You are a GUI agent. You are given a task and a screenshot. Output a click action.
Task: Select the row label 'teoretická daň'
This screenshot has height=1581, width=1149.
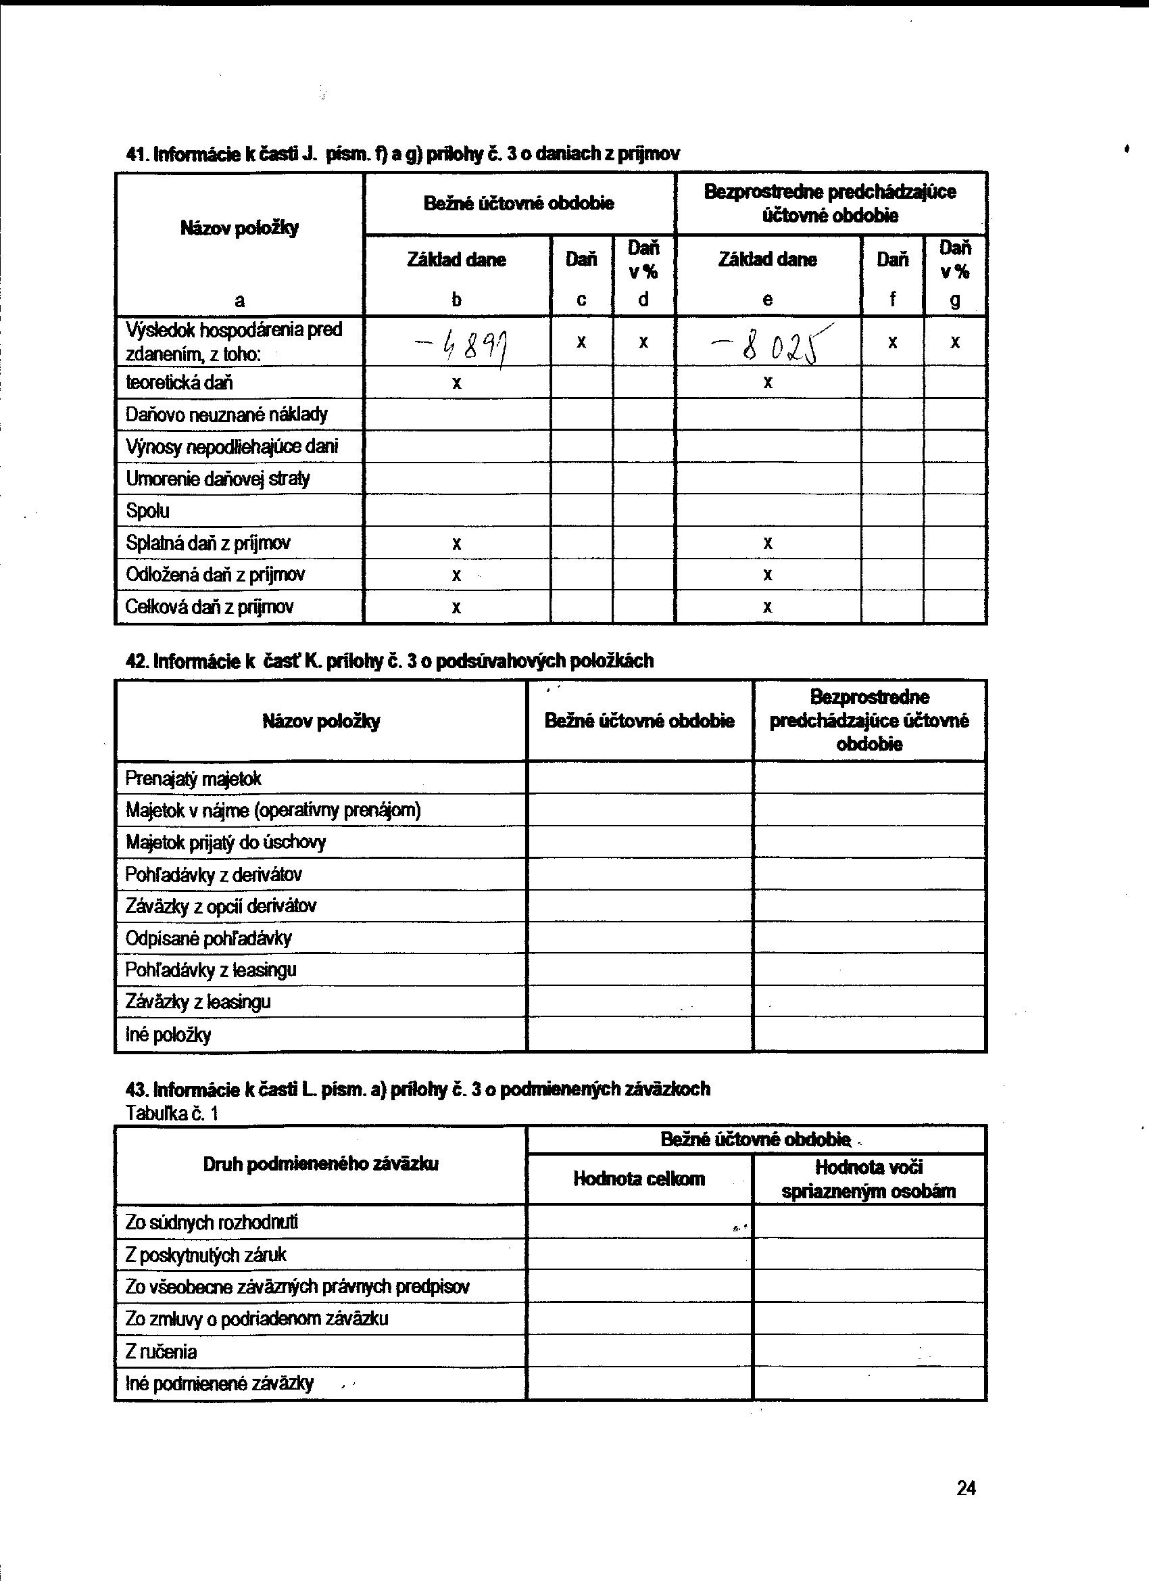tap(179, 382)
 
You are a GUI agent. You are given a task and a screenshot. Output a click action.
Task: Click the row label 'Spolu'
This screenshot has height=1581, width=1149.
tap(148, 511)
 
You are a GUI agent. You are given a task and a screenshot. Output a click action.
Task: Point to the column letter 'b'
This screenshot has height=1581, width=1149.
tap(456, 300)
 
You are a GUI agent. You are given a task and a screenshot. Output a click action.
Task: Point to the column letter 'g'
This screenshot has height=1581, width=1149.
tap(954, 300)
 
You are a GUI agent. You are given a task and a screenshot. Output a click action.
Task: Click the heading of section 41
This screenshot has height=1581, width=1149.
tap(403, 154)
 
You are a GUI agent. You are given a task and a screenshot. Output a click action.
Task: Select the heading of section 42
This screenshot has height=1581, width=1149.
tap(389, 660)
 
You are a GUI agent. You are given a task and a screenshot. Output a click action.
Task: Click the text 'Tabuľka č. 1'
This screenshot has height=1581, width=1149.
tap(172, 1113)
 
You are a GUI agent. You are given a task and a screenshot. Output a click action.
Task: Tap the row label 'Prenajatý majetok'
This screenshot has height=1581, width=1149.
tap(193, 778)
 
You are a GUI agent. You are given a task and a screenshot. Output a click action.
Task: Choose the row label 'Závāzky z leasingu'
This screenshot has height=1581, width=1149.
tap(198, 1001)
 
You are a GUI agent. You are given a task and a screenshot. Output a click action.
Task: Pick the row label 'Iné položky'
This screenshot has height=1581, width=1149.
tap(168, 1035)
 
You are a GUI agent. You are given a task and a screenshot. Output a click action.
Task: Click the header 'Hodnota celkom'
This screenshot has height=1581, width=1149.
tap(639, 1179)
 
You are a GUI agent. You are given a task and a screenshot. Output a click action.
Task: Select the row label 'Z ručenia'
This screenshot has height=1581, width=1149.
tap(161, 1352)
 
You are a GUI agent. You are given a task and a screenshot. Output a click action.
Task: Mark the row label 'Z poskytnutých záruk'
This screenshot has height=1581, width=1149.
tap(205, 1255)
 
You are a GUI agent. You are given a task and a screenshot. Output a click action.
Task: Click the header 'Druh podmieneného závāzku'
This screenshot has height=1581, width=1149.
tap(320, 1164)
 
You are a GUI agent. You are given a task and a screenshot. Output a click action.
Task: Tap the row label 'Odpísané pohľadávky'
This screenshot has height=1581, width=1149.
tap(208, 939)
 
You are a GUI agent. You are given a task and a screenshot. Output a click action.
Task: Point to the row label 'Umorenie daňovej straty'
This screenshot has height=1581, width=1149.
tap(218, 479)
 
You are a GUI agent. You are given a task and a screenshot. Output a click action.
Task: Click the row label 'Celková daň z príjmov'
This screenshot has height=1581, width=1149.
tap(209, 607)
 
